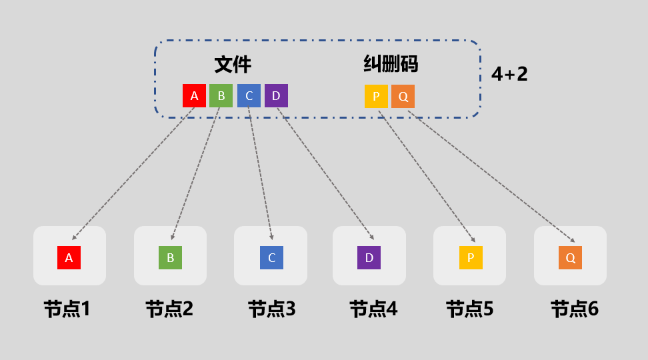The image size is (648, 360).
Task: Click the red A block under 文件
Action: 194,95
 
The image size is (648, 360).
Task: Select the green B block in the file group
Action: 221,95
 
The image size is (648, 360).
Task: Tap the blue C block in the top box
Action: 249,95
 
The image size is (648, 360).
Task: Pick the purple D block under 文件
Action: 276,95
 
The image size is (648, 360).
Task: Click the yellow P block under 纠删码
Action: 376,96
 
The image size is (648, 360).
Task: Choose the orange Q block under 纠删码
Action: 403,96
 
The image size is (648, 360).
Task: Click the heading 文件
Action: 233,65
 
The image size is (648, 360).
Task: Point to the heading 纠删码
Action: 391,64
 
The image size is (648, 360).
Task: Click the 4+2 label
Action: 509,74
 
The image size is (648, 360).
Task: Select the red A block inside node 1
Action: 69,257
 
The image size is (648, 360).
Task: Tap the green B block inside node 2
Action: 170,257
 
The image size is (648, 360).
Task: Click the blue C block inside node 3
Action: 271,257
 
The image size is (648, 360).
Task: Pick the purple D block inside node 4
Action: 369,257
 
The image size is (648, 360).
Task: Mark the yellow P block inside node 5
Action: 470,257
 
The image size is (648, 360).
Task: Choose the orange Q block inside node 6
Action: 570,257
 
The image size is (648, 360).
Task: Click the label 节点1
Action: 67,309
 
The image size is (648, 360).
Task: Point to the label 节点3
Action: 271,309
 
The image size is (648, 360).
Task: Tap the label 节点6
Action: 574,309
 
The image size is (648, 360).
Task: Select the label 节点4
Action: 373,309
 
